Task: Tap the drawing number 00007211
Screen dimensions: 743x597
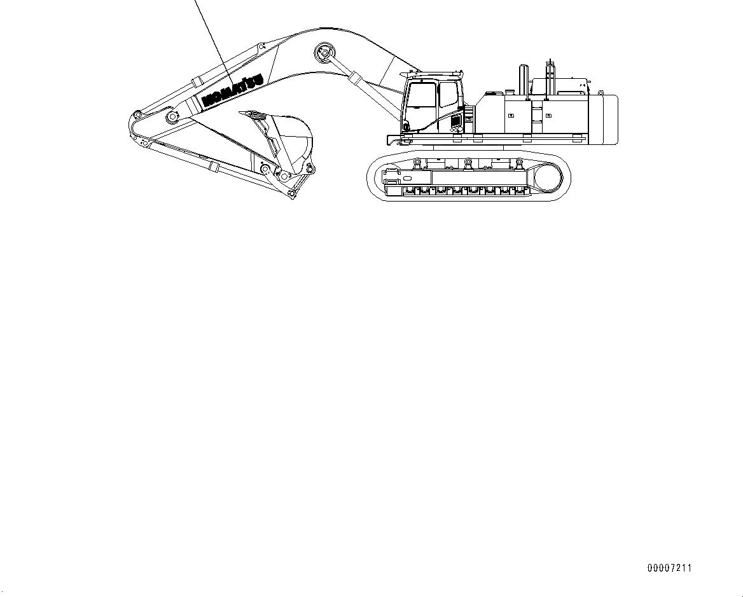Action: click(669, 568)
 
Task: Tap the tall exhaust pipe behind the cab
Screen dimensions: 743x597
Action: click(524, 79)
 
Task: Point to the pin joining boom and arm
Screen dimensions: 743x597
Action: click(170, 117)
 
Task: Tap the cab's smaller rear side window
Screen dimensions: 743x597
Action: click(448, 94)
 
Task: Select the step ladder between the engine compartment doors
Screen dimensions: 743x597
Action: click(538, 114)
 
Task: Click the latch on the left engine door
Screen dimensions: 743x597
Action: click(510, 116)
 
